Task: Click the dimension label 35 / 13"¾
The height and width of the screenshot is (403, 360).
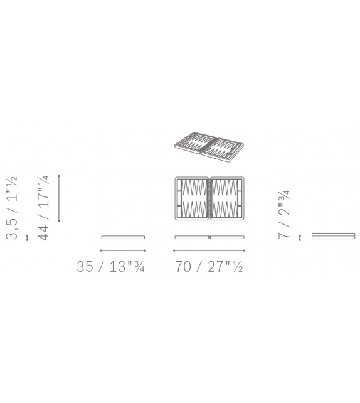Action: point(110,266)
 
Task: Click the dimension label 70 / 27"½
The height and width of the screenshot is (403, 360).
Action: point(209,266)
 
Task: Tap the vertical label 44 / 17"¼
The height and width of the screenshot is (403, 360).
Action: point(43,208)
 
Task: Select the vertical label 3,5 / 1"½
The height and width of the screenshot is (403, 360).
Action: point(12,208)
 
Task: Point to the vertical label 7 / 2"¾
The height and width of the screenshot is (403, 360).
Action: point(284,215)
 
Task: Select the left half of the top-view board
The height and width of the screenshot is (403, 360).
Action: point(192,198)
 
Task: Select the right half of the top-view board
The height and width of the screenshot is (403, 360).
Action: point(227,198)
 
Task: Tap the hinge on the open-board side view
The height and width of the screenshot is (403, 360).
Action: point(209,237)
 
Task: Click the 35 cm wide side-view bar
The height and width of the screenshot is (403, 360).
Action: point(123,237)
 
